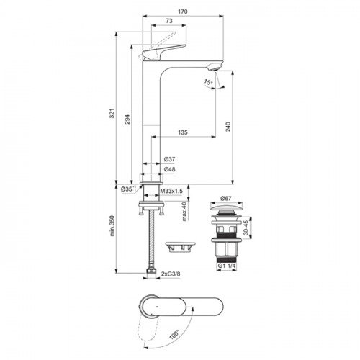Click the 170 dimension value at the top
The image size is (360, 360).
pyautogui.click(x=183, y=12)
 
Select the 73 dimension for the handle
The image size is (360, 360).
pyautogui.click(x=169, y=21)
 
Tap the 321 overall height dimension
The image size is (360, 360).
pyautogui.click(x=112, y=113)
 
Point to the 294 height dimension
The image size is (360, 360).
pyautogui.click(x=127, y=120)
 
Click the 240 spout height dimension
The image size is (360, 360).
pyautogui.click(x=228, y=127)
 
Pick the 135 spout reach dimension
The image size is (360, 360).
pyautogui.click(x=183, y=132)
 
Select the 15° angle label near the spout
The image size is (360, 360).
pyautogui.click(x=208, y=82)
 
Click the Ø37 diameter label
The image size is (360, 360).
pyautogui.click(x=170, y=159)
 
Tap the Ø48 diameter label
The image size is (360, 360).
pyautogui.click(x=170, y=169)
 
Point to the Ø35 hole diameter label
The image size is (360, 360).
pyautogui.click(x=127, y=189)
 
